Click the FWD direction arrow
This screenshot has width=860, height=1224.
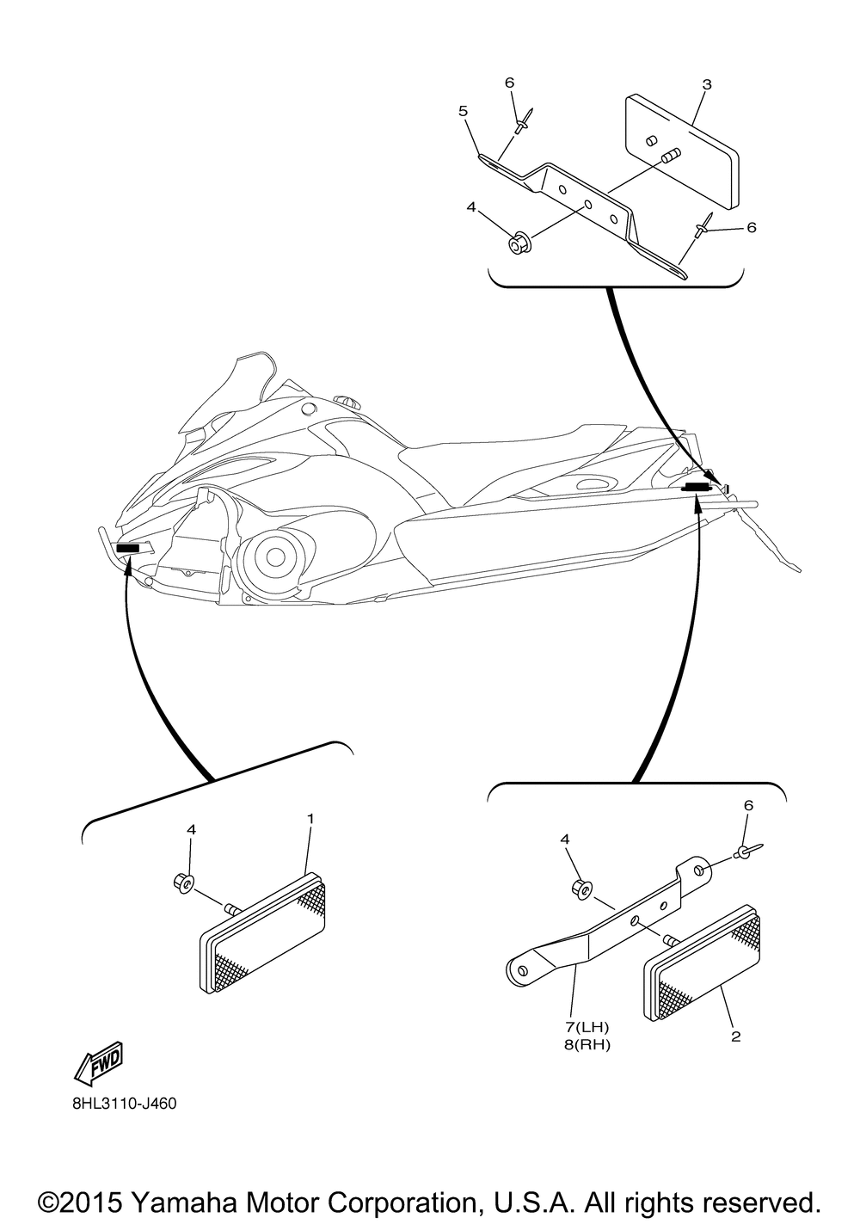click(99, 1063)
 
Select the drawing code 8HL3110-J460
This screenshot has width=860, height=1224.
click(125, 1103)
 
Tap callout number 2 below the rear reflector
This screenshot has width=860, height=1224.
click(735, 1037)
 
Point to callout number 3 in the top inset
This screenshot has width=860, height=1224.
click(706, 84)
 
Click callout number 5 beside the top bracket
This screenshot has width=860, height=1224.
click(463, 111)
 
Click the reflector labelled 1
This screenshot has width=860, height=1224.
click(263, 938)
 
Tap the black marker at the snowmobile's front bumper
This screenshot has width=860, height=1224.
click(128, 549)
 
